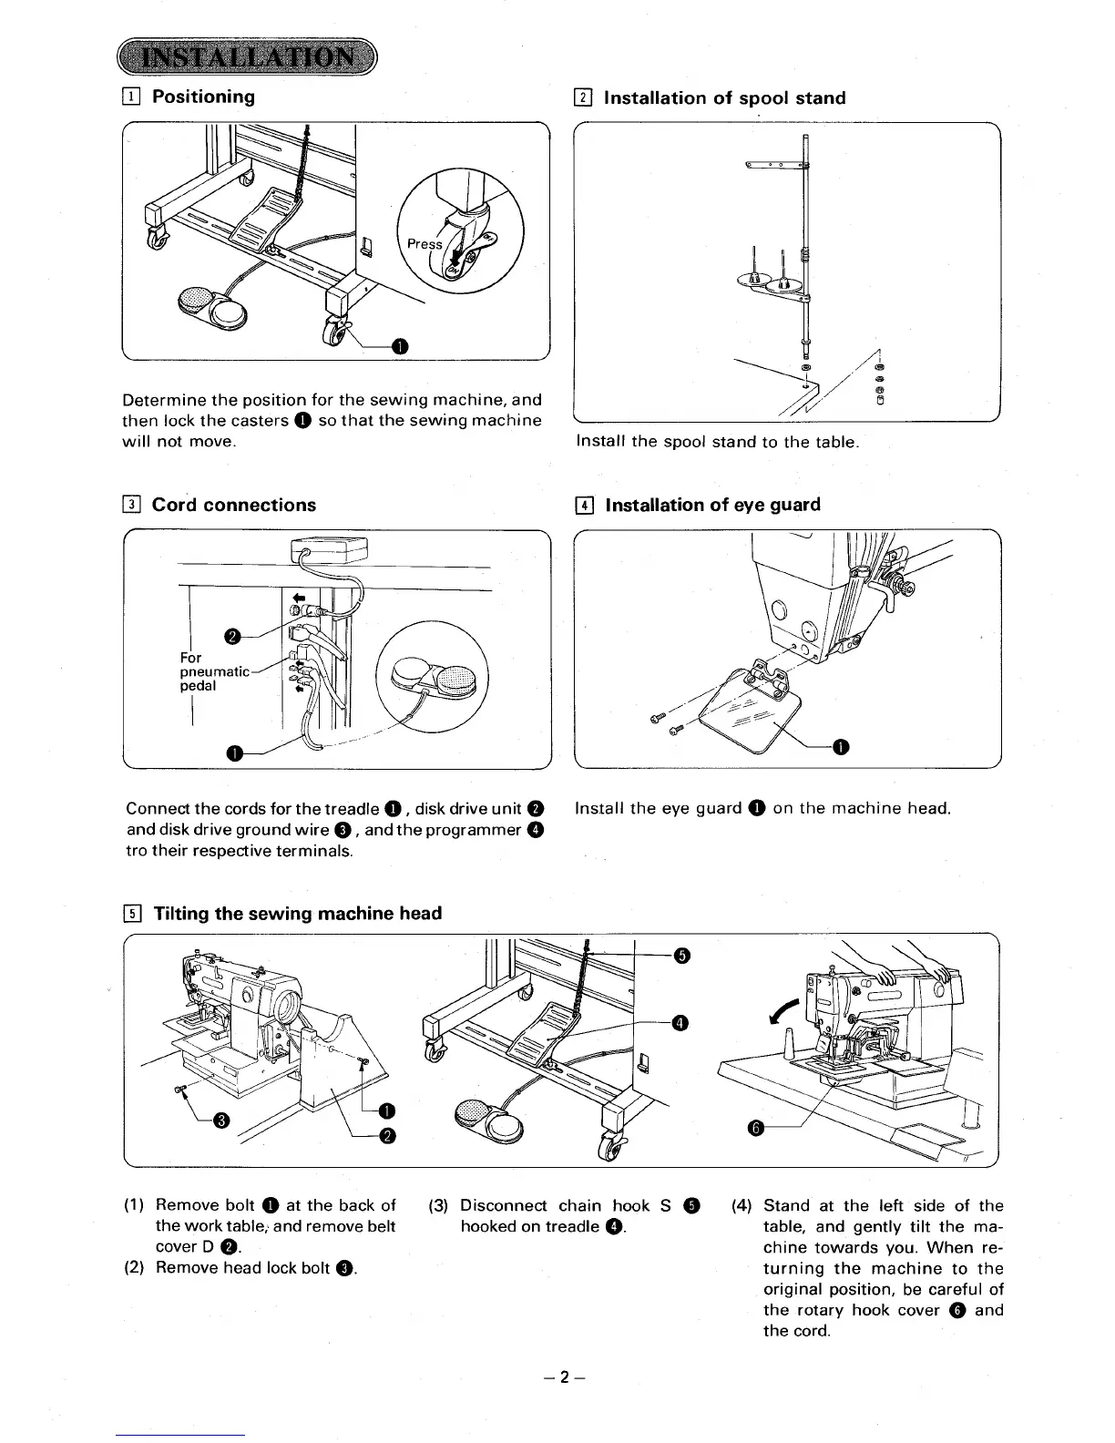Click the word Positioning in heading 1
(x=203, y=97)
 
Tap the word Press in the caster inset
(x=425, y=243)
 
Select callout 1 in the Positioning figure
(x=400, y=344)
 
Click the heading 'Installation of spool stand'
(x=724, y=98)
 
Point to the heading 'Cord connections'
(x=233, y=505)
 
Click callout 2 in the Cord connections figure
(x=232, y=636)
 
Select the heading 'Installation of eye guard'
(x=712, y=505)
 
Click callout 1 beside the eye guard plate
(x=841, y=747)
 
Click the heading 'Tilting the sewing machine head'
(x=297, y=913)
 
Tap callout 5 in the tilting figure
(x=681, y=955)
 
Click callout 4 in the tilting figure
(x=679, y=1024)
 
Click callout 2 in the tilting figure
(x=387, y=1134)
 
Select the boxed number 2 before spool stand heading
(x=584, y=98)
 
